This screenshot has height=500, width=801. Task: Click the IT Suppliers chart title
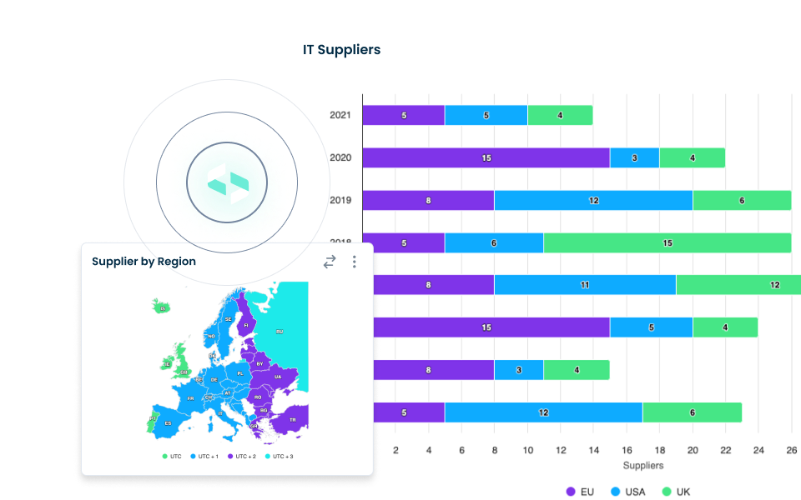click(341, 50)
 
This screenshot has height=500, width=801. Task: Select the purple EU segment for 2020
click(486, 157)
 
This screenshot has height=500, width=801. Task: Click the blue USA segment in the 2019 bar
click(593, 200)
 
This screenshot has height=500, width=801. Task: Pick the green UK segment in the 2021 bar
click(560, 115)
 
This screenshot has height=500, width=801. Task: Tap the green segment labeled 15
click(667, 242)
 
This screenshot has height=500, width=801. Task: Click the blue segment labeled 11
click(585, 285)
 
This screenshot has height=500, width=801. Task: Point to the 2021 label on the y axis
click(340, 115)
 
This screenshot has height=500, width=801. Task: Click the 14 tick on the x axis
click(593, 450)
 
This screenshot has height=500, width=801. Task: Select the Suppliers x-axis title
click(643, 465)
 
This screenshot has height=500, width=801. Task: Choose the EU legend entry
click(580, 492)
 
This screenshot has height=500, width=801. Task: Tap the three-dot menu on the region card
click(354, 262)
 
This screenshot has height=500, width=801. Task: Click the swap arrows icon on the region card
click(330, 262)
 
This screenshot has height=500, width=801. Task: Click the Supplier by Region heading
click(144, 262)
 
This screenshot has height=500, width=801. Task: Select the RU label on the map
click(280, 332)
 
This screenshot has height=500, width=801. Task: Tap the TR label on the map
click(292, 420)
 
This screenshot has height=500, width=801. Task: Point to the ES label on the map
click(168, 423)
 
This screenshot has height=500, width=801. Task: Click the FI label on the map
click(245, 324)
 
